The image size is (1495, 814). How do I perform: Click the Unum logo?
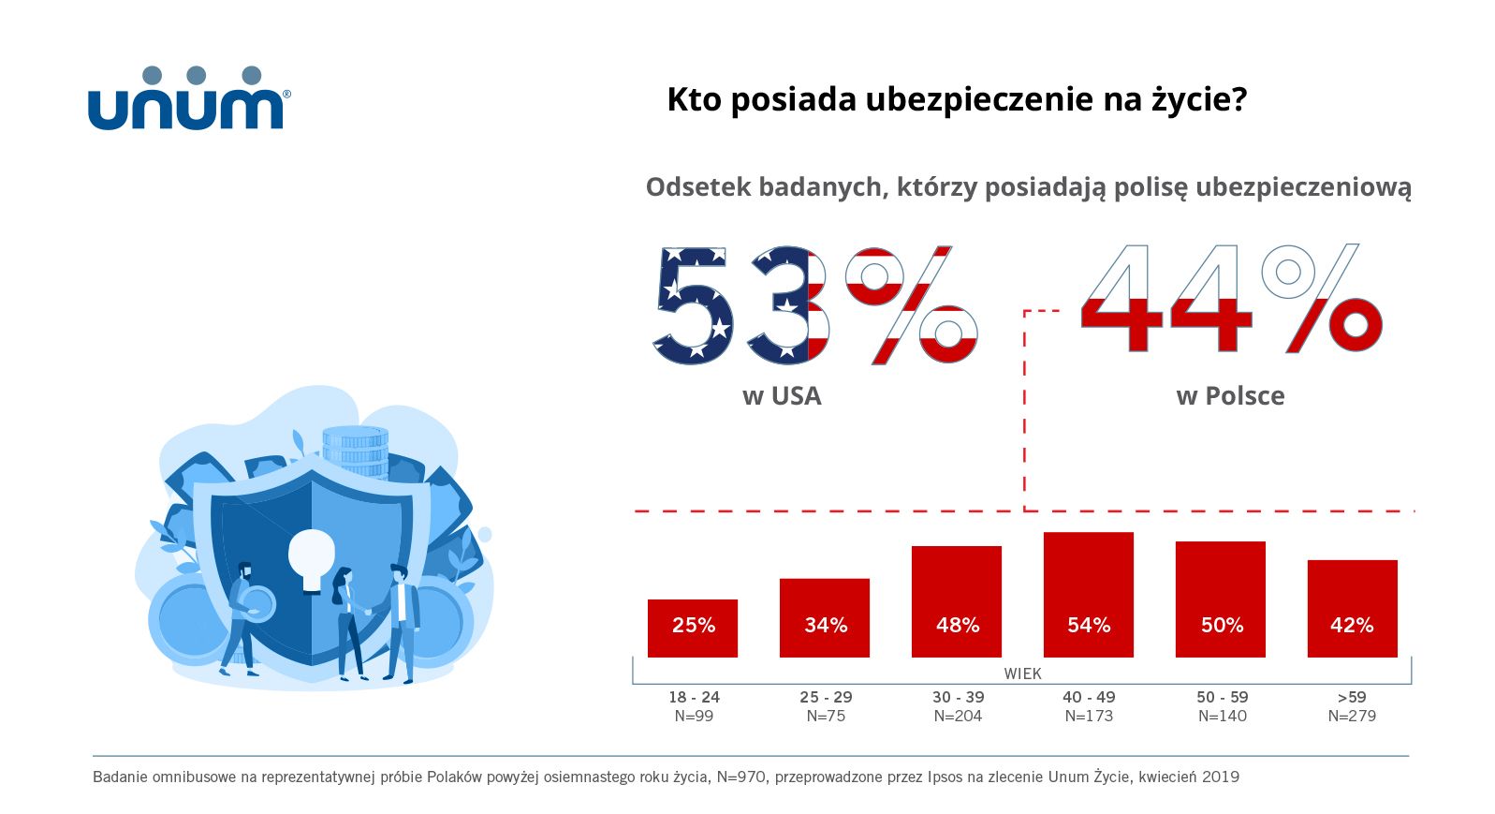coord(188,99)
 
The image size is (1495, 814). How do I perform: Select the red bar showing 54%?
coord(1088,595)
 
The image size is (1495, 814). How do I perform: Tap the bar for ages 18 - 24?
coord(692,628)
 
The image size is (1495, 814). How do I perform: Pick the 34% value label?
coord(826,626)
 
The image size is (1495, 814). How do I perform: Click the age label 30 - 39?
coord(958,697)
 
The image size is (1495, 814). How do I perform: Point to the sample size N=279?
coord(1352,717)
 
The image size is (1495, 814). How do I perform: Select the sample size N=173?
coord(1089,717)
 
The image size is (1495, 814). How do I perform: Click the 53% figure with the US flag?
coord(814,305)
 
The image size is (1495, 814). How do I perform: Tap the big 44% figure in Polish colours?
coord(1230,300)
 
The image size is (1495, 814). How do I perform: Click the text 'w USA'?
coord(782,396)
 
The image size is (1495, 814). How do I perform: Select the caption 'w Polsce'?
coord(1230,396)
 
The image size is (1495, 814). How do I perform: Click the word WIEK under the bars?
coord(1022,673)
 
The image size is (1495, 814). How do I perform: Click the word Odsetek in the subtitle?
coord(697,187)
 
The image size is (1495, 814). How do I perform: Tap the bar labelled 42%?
coord(1352,609)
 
